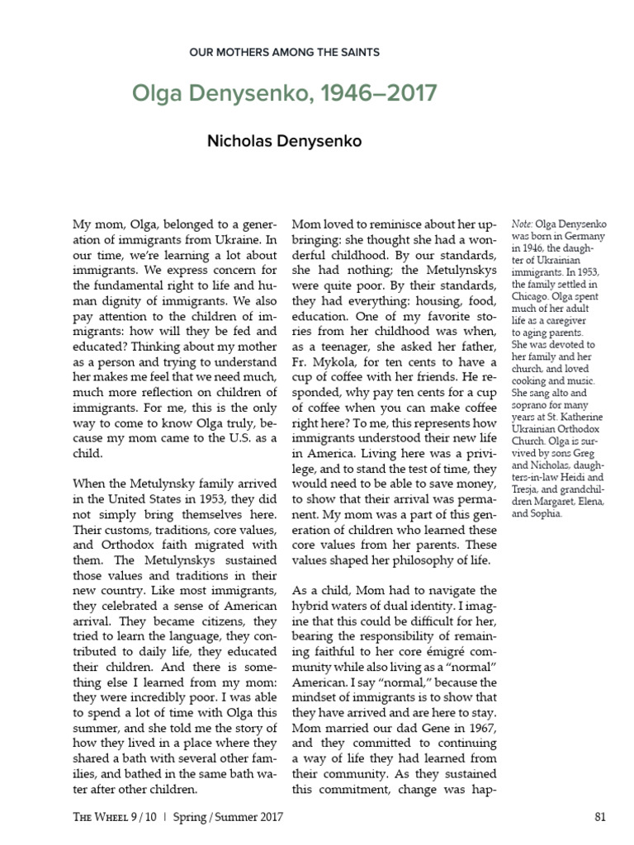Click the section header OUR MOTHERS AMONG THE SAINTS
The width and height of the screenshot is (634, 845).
(284, 52)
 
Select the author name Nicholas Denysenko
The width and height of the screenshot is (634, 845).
(284, 141)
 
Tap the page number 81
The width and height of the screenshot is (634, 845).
(600, 817)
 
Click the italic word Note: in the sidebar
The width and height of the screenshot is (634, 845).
(522, 224)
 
